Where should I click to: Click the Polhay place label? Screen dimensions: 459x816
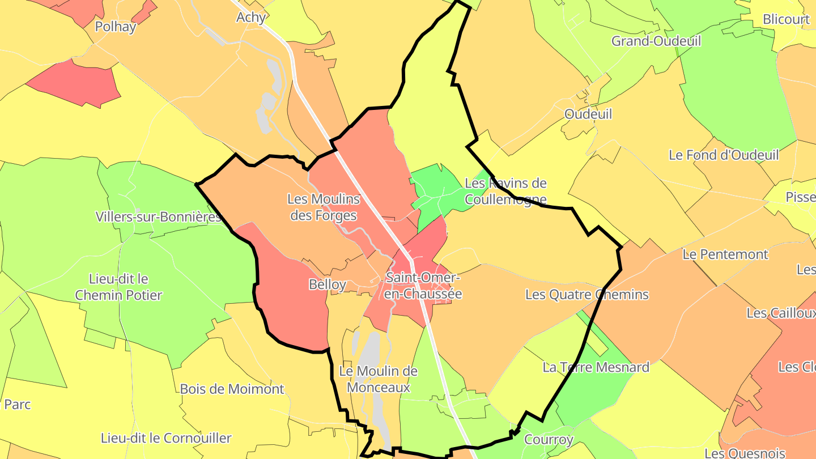pyautogui.click(x=116, y=27)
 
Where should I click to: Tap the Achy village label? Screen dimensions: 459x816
pyautogui.click(x=251, y=18)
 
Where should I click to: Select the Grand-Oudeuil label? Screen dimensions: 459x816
pyautogui.click(x=656, y=41)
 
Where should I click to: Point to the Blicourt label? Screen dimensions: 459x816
pyautogui.click(x=786, y=19)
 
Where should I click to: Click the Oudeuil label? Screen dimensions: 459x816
pyautogui.click(x=588, y=114)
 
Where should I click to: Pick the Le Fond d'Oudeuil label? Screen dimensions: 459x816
pyautogui.click(x=724, y=155)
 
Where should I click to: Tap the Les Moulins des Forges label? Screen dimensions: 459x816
pyautogui.click(x=323, y=207)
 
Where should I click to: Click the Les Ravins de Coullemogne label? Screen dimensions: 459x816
pyautogui.click(x=505, y=191)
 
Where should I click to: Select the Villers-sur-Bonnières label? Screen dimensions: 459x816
pyautogui.click(x=158, y=216)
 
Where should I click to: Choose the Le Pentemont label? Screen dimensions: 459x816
pyautogui.click(x=725, y=254)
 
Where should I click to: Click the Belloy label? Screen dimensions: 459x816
pyautogui.click(x=328, y=284)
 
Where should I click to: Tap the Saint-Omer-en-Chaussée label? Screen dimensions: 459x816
pyautogui.click(x=423, y=286)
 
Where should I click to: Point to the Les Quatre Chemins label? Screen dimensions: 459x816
pyautogui.click(x=586, y=295)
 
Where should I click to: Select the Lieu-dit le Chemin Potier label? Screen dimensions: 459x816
pyautogui.click(x=118, y=287)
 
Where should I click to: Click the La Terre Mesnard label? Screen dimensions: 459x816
pyautogui.click(x=596, y=367)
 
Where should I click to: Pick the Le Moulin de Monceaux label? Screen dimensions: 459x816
pyautogui.click(x=378, y=380)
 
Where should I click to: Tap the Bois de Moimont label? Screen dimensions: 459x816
pyautogui.click(x=232, y=389)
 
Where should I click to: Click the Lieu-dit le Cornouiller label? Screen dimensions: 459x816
pyautogui.click(x=166, y=438)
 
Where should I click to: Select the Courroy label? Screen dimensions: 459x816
pyautogui.click(x=549, y=439)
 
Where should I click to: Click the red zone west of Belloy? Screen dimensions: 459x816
pyautogui.click(x=289, y=300)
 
